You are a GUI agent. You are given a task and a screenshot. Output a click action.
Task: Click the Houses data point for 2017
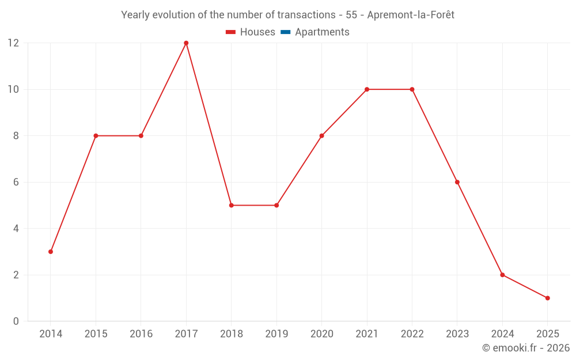[186, 43]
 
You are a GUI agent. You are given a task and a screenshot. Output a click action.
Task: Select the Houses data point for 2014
[51, 252]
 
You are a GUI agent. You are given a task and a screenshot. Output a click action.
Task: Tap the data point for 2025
[547, 298]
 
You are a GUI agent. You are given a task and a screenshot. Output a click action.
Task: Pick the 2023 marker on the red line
[457, 182]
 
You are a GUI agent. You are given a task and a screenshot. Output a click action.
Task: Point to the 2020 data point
[321, 136]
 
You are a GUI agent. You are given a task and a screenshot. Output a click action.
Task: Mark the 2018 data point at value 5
[231, 205]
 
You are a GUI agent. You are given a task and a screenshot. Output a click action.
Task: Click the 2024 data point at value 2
[502, 275]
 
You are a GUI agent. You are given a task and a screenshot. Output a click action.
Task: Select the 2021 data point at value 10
[367, 89]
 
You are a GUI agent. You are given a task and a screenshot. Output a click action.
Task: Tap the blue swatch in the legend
[286, 32]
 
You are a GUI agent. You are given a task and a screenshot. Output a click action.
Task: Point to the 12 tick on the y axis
[13, 43]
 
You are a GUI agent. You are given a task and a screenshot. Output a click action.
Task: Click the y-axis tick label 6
[16, 182]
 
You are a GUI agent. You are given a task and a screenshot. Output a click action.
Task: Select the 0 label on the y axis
[16, 321]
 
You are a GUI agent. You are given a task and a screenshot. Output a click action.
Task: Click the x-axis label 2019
[276, 334]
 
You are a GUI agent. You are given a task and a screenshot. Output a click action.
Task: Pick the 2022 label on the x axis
[412, 334]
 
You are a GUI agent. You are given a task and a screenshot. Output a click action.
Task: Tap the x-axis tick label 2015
[96, 334]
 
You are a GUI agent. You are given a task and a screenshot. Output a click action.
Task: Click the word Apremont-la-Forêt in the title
[410, 15]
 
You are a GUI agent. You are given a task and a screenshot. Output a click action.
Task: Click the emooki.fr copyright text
[526, 348]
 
